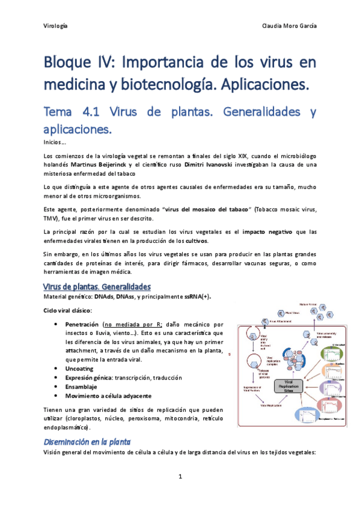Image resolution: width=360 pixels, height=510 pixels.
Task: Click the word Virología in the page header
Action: click(x=56, y=26)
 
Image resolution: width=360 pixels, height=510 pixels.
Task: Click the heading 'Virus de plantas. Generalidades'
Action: click(x=97, y=286)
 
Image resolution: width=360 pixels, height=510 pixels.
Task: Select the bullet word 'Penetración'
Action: click(x=82, y=324)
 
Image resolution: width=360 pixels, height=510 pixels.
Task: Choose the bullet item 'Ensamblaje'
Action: click(x=81, y=387)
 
